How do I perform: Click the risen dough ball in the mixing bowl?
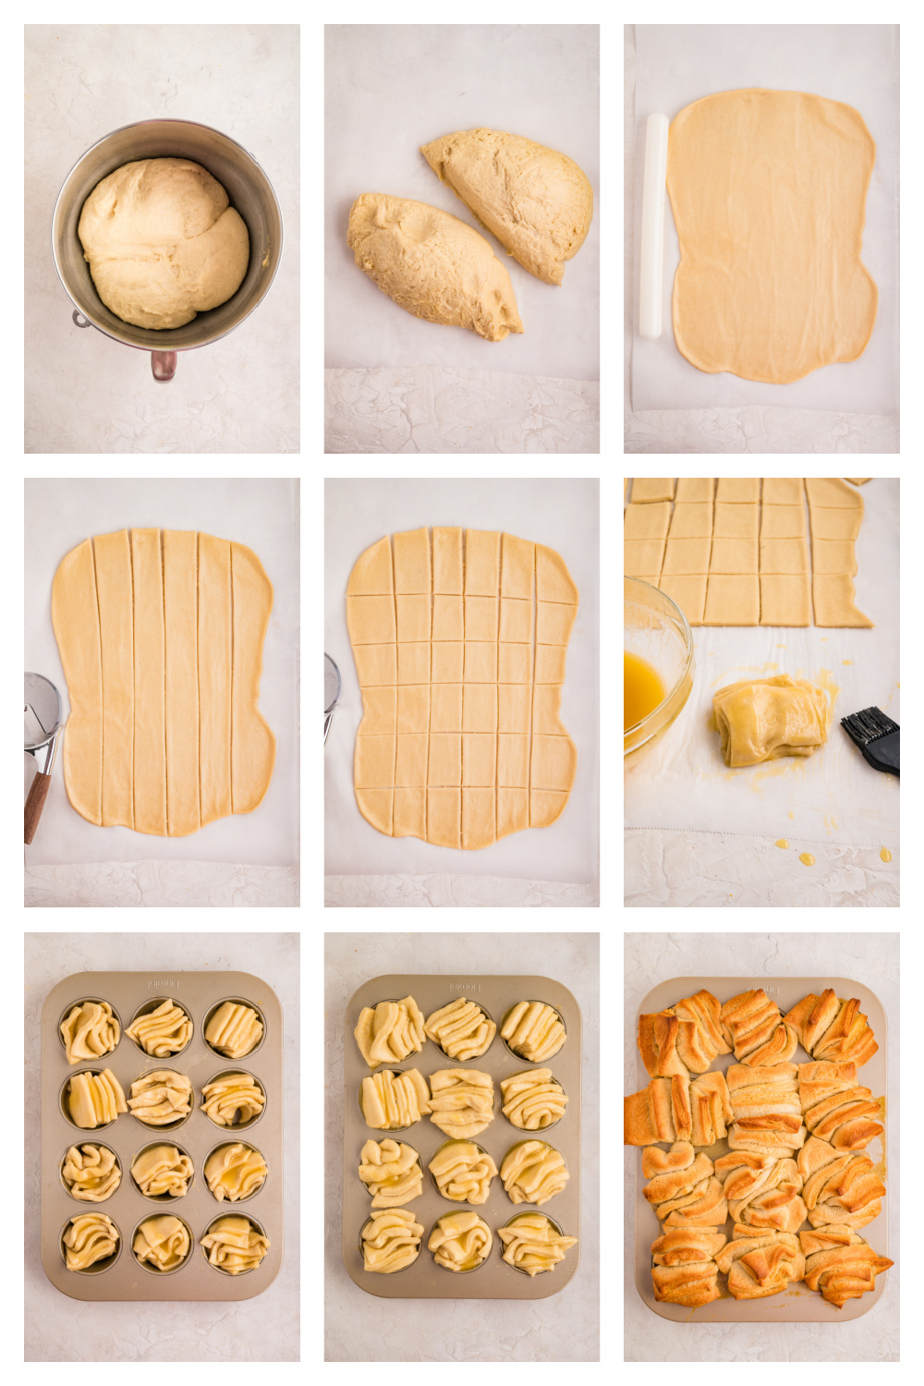click(163, 242)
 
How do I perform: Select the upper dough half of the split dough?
click(514, 198)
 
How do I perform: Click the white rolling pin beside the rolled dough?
click(652, 225)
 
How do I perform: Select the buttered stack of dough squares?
click(769, 720)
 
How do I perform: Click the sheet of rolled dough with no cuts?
click(771, 235)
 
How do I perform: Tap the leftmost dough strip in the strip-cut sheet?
click(78, 679)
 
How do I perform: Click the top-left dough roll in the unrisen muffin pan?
click(90, 1031)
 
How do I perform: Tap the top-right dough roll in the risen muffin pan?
click(533, 1031)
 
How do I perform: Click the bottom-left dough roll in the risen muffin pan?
click(390, 1241)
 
